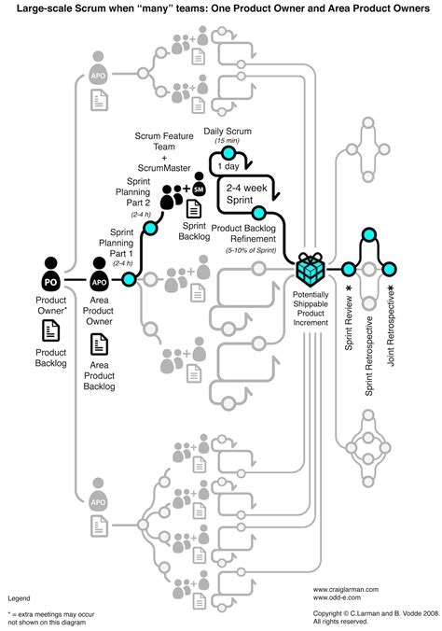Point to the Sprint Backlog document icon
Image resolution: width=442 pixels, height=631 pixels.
point(194,207)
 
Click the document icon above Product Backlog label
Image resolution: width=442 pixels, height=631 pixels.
point(50,330)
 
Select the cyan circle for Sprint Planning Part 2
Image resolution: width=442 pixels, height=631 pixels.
point(151,227)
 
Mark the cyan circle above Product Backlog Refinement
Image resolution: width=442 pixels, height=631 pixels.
point(259,216)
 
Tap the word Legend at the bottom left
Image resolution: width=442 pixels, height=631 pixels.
point(20,596)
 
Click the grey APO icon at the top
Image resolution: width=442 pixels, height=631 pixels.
point(99,74)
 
